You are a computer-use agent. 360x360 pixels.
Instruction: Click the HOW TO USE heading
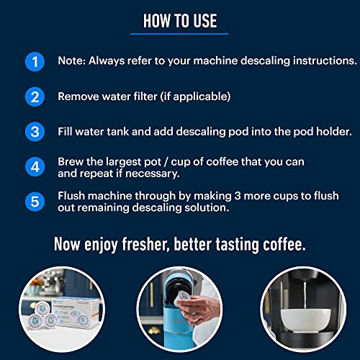180,19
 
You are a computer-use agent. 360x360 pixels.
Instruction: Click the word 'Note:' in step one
72,62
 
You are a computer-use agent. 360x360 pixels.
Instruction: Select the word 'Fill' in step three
66,132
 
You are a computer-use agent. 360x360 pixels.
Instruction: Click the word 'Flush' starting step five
73,196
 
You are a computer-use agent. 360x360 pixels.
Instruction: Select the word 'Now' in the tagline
67,245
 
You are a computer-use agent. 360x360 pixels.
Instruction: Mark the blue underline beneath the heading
180,33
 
